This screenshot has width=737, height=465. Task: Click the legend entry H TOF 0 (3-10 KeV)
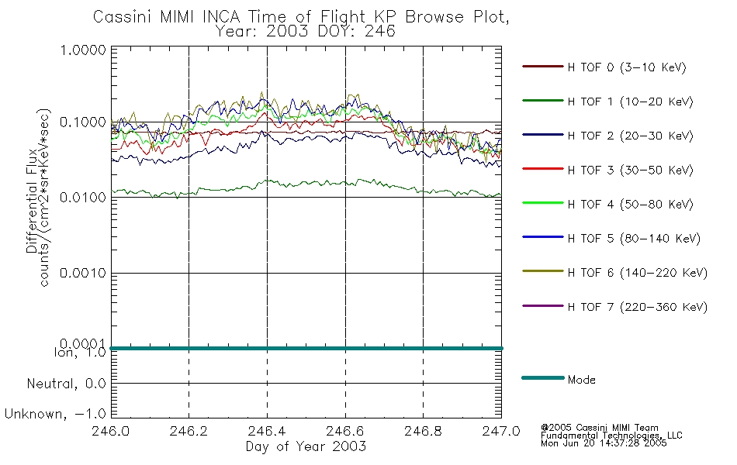pos(627,67)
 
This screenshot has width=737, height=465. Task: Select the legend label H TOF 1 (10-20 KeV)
pos(630,102)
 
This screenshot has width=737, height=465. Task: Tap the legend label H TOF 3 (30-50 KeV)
pos(630,170)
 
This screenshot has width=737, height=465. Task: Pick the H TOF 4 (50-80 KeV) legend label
pos(630,205)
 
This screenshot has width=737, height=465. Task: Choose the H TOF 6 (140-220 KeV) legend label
pos(638,273)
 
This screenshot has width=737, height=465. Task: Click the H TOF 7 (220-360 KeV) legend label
pos(638,307)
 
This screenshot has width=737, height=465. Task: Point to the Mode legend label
pos(581,380)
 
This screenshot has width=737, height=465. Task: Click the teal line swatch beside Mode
pos(543,377)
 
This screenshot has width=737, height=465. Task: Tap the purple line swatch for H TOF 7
pos(543,306)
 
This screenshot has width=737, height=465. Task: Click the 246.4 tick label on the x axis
pos(267,431)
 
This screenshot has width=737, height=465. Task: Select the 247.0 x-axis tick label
pos(501,431)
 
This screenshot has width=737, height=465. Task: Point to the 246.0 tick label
pos(110,431)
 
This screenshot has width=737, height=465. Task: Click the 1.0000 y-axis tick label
pos(83,50)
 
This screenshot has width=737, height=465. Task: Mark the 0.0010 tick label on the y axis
pos(83,273)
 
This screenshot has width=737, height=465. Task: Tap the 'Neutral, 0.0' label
pos(66,384)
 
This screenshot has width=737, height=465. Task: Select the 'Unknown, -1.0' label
pos(55,414)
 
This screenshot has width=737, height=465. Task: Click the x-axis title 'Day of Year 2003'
pos(306,446)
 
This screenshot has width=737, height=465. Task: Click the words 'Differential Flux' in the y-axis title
pos(32,201)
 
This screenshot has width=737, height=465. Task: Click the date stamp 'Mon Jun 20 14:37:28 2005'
pos(604,443)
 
